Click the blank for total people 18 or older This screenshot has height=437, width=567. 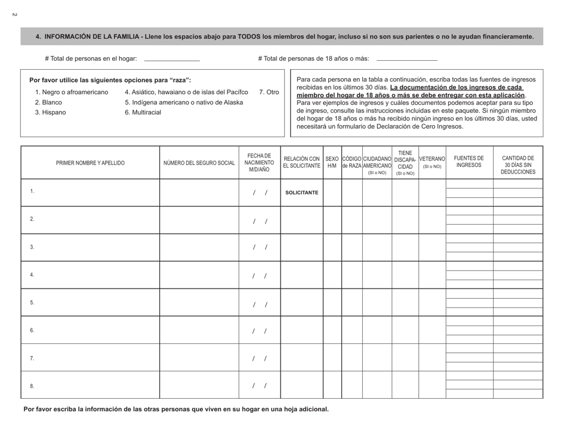tap(407, 58)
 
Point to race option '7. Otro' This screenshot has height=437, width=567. tap(269, 92)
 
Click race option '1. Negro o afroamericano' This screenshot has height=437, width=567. tap(72, 92)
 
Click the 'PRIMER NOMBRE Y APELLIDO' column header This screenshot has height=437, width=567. tap(90, 162)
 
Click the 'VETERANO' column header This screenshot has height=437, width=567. tap(432, 162)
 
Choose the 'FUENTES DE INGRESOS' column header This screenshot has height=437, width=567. tap(469, 162)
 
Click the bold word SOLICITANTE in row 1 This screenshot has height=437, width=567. tap(301, 193)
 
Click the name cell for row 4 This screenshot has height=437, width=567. tap(90, 275)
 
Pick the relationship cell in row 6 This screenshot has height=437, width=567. tap(301, 330)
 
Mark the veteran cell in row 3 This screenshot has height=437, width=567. tap(432, 247)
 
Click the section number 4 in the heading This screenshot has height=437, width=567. tap(38, 37)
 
